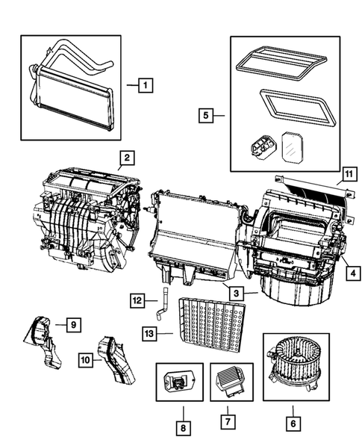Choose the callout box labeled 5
pos(207,115)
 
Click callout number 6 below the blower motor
pos(293,423)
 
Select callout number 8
pos(181,428)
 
